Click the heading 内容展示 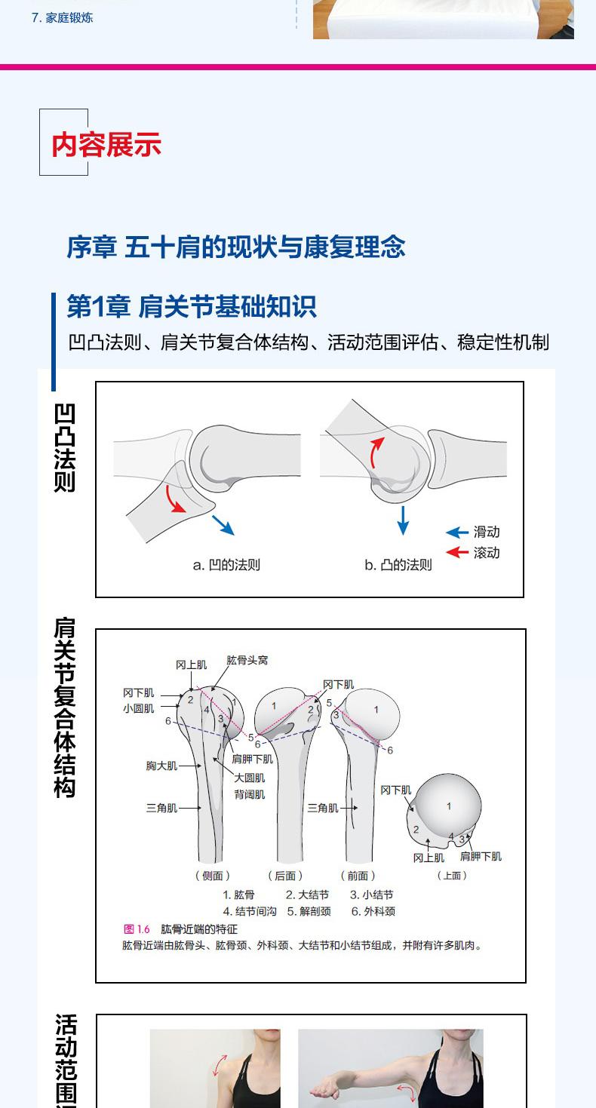pyautogui.click(x=106, y=144)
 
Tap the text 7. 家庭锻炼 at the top pyautogui.click(x=62, y=17)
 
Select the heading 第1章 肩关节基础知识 pyautogui.click(x=192, y=307)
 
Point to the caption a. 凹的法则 pyautogui.click(x=226, y=565)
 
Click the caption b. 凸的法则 pyautogui.click(x=398, y=565)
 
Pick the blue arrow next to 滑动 pyautogui.click(x=457, y=533)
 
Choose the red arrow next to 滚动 pyautogui.click(x=457, y=553)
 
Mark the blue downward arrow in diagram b pyautogui.click(x=403, y=520)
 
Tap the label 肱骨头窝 pyautogui.click(x=247, y=660)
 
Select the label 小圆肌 pyautogui.click(x=139, y=708)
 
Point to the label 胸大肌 pyautogui.click(x=161, y=766)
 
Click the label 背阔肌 pyautogui.click(x=249, y=794)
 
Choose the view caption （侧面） pyautogui.click(x=213, y=876)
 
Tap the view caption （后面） pyautogui.click(x=285, y=876)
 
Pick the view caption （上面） pyautogui.click(x=452, y=876)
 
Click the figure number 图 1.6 pyautogui.click(x=137, y=929)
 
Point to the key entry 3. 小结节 pyautogui.click(x=371, y=895)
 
